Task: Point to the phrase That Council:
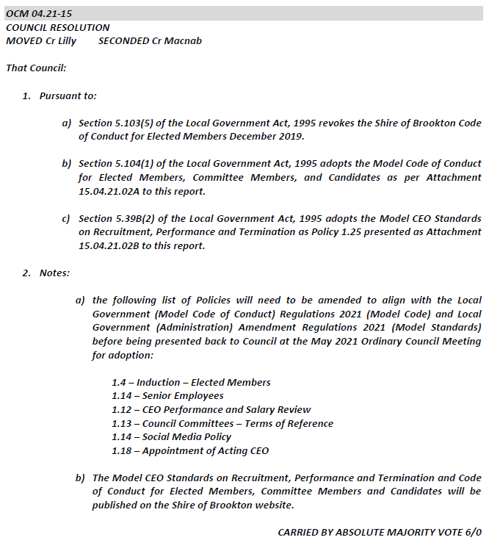[x=36, y=68]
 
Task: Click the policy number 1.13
[x=123, y=423]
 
